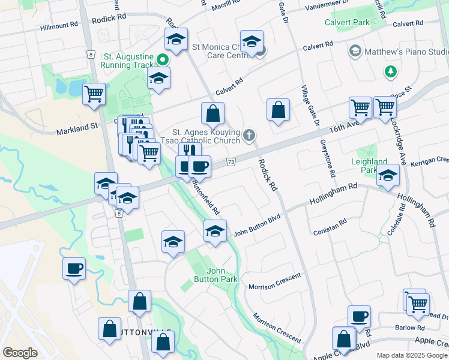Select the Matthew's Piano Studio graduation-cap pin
(x=355, y=51)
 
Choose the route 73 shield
(x=231, y=161)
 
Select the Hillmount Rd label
(x=59, y=26)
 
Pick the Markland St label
(x=77, y=128)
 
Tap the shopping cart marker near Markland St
(x=94, y=94)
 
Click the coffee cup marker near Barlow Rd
(x=359, y=316)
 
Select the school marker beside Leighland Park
(x=388, y=176)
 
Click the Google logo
(x=20, y=353)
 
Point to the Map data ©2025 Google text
(x=411, y=355)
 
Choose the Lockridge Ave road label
(x=402, y=141)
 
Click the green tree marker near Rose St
(x=391, y=72)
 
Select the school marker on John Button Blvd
(x=215, y=231)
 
